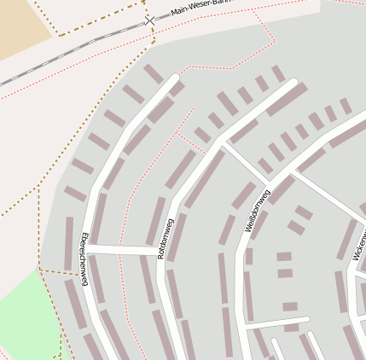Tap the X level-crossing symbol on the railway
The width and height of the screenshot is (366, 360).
point(149,19)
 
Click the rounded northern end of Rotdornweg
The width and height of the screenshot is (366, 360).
point(299,87)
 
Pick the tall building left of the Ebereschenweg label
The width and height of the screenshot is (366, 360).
point(69,244)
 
